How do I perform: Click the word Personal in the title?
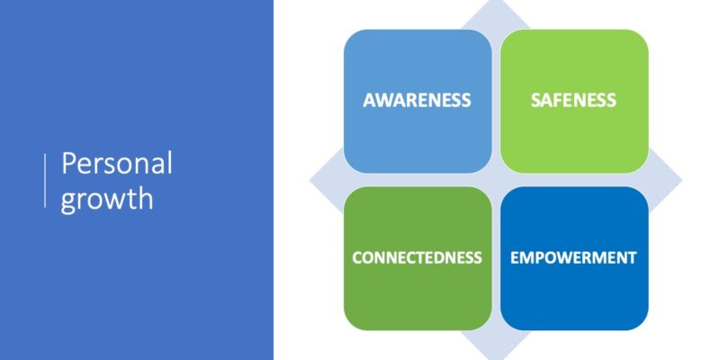click(x=117, y=166)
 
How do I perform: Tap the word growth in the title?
click(x=106, y=198)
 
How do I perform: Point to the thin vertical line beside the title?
click(x=45, y=181)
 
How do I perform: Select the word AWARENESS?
click(x=417, y=101)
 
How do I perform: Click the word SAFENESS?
click(x=573, y=101)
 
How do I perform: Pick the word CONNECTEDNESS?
click(x=417, y=257)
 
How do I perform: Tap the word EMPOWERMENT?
click(x=573, y=257)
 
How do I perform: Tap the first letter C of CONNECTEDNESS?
click(x=356, y=257)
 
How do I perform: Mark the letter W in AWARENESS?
click(x=382, y=101)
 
